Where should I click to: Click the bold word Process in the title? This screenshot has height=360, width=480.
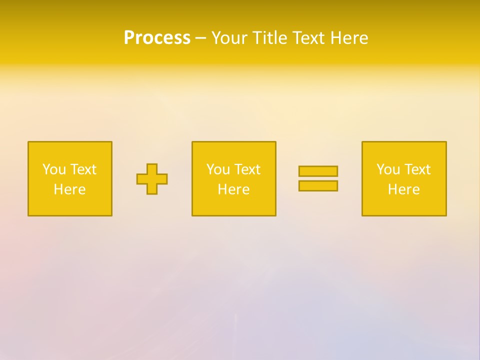click(x=157, y=38)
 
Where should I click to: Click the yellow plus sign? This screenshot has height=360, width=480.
click(x=152, y=179)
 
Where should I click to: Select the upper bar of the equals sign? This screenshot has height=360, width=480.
click(x=318, y=171)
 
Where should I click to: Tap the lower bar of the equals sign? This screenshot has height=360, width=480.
click(x=318, y=186)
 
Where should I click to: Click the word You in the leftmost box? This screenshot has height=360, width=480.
click(x=54, y=169)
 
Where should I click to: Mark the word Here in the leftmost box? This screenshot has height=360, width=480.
click(x=69, y=189)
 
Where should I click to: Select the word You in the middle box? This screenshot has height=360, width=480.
click(x=218, y=169)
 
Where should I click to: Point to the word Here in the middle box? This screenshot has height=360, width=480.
click(x=233, y=189)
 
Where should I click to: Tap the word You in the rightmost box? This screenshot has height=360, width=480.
click(x=388, y=169)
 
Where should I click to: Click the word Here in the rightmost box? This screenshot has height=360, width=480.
click(x=403, y=189)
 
